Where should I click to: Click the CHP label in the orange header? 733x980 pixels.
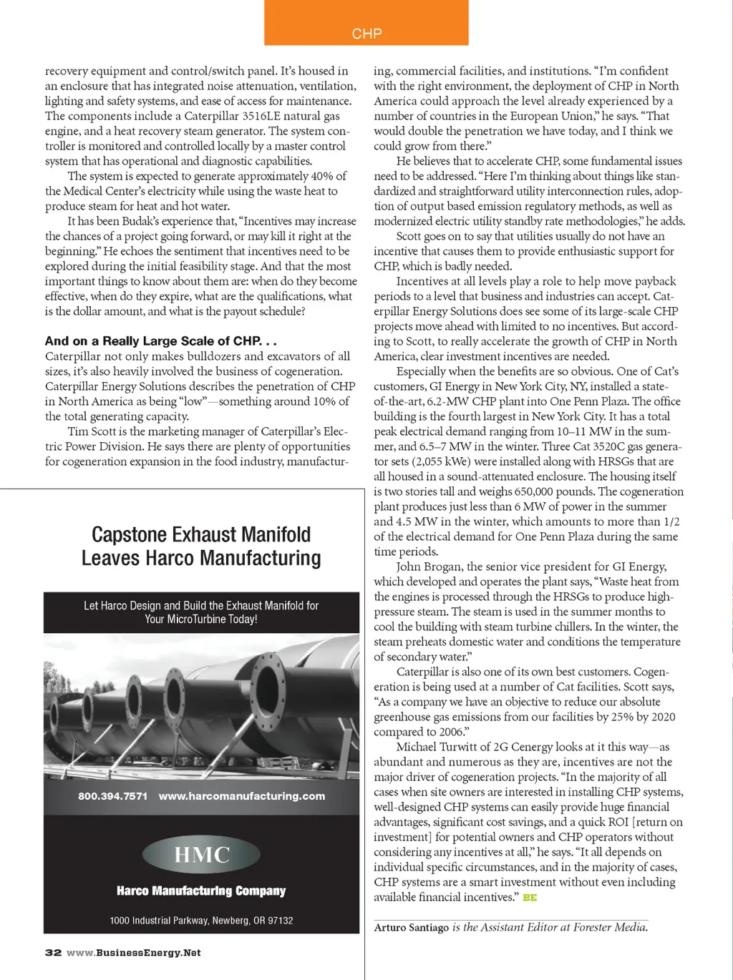[x=366, y=34]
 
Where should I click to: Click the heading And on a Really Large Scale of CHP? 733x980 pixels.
[x=160, y=341]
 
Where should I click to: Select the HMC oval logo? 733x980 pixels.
[x=201, y=854]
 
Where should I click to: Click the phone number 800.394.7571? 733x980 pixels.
[x=112, y=796]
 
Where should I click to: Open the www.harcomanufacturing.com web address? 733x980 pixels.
[x=242, y=796]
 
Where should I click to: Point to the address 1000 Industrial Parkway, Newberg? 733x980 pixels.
[x=201, y=921]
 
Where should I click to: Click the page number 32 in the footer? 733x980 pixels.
[x=53, y=953]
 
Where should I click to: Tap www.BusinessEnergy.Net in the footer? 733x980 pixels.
[x=134, y=953]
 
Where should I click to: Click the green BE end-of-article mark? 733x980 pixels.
[x=530, y=898]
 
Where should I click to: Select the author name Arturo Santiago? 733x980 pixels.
[x=411, y=928]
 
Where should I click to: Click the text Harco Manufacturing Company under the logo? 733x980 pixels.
[x=201, y=891]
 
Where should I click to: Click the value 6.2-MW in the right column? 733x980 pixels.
[x=430, y=401]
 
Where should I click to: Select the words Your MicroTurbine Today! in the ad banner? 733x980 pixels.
[x=201, y=619]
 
